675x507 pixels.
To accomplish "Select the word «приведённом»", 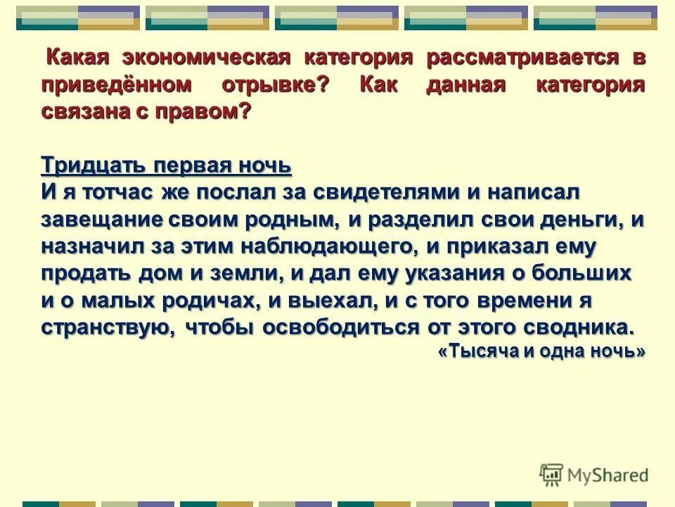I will (117, 86).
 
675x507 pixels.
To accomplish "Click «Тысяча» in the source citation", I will (478, 352).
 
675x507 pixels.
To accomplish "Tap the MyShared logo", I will (595, 474).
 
